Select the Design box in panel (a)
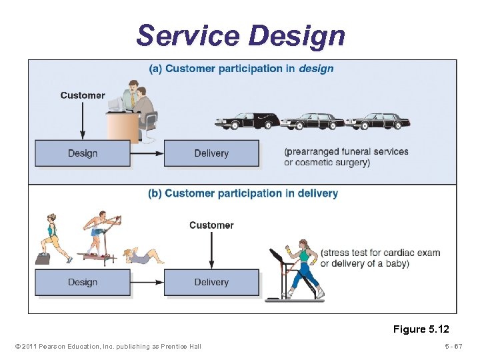tap(83, 153)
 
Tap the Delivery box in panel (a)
tap(211, 153)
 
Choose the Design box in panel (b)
tap(83, 282)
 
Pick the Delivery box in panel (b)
tap(211, 282)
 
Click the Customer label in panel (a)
tap(83, 95)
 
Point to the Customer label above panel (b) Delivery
tap(211, 225)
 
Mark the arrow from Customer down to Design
tap(83, 120)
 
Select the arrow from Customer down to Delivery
tap(211, 250)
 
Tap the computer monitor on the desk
tap(116, 104)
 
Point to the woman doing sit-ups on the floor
tap(142, 255)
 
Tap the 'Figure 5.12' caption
tap(421, 329)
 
